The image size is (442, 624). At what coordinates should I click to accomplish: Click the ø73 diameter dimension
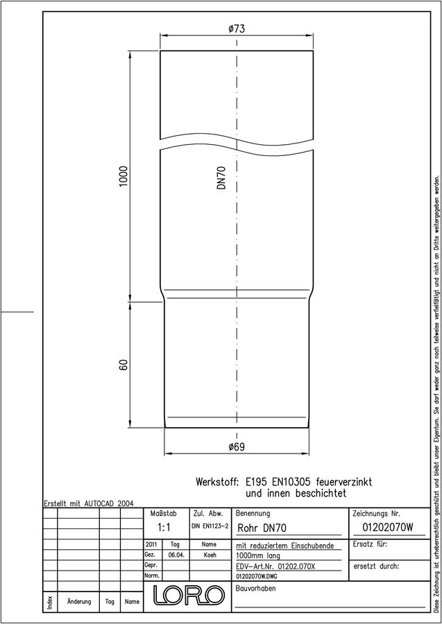point(237,29)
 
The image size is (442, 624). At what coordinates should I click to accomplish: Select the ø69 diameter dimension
point(237,447)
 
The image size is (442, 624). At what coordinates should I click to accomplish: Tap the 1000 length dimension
point(124,177)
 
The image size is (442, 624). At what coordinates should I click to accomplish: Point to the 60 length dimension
point(124,365)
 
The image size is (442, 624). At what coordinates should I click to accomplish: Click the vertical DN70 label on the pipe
point(221,177)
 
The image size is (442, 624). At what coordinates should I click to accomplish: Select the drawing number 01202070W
point(387,528)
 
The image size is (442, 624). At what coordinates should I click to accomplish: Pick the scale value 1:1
point(164,528)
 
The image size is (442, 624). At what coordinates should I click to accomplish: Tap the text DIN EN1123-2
point(210,526)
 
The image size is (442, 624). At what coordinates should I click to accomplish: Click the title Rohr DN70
point(262,528)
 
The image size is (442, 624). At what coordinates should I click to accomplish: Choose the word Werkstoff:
point(217,482)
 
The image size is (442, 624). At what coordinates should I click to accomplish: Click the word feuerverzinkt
point(344,482)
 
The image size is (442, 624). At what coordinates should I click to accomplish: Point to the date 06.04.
point(176,555)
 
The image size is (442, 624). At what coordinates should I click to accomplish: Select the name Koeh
point(210,555)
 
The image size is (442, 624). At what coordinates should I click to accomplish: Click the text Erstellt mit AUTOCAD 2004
point(89,503)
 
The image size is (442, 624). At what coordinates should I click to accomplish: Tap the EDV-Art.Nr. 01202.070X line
point(275,566)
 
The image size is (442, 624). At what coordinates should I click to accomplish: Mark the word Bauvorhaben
point(255,588)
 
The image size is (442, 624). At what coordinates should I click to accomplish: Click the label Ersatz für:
point(370,544)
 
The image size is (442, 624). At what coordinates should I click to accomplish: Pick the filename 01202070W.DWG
point(257,576)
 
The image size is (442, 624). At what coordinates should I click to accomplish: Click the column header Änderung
point(79,601)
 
